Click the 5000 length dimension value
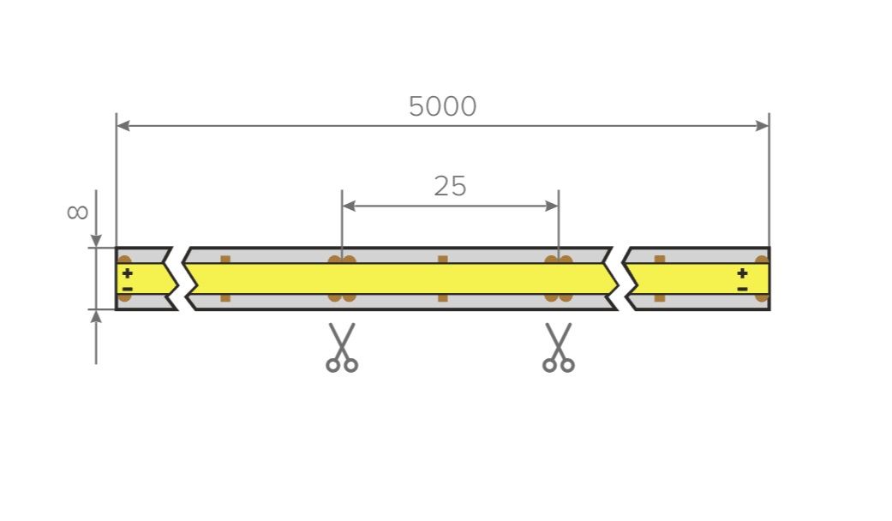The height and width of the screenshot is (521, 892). (443, 106)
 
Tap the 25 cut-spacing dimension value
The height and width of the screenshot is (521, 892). (450, 187)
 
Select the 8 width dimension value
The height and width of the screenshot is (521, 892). (77, 213)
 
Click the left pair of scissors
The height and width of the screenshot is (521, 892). (342, 348)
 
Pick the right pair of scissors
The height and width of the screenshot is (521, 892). (559, 348)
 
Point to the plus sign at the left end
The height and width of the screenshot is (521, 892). (128, 273)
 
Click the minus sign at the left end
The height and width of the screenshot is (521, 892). (128, 289)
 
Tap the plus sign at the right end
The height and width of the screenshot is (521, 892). (742, 273)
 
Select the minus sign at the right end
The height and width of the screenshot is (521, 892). (742, 289)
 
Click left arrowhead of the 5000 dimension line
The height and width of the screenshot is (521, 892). (123, 126)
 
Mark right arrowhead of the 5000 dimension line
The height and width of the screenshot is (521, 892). (763, 126)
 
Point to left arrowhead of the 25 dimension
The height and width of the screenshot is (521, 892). (349, 206)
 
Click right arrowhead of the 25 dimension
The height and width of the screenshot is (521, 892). (552, 206)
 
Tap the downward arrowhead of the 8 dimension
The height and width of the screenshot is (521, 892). (96, 241)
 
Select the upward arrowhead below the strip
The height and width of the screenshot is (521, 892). (96, 316)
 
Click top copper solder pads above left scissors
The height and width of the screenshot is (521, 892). (342, 260)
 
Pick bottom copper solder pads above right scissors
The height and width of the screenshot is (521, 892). (559, 297)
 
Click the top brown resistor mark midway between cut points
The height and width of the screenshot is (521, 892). (443, 260)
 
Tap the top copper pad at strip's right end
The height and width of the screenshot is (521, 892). (762, 260)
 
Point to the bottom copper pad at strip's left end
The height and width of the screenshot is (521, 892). (124, 297)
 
